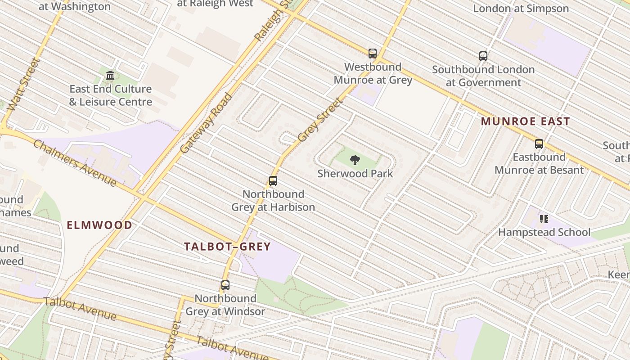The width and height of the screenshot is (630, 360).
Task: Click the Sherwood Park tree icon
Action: [355, 160]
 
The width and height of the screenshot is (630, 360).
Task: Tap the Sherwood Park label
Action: [355, 174]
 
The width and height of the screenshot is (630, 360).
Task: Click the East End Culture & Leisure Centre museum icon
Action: [110, 75]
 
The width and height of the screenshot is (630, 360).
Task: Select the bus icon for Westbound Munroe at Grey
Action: [372, 54]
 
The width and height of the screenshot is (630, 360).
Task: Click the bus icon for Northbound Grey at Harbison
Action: [273, 181]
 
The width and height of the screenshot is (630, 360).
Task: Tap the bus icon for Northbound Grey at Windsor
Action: [225, 285]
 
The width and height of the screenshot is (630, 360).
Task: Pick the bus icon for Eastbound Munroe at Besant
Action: [539, 144]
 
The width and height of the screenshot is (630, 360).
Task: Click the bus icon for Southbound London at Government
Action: [483, 56]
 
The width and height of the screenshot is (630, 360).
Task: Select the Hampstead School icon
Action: [544, 219]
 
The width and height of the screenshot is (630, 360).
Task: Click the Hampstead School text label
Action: [544, 232]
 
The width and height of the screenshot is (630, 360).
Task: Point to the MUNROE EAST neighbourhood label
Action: [525, 121]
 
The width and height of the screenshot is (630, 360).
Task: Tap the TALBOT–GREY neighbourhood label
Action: [227, 247]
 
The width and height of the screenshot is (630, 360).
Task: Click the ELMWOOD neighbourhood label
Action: [99, 225]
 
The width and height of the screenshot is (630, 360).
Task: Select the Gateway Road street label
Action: [206, 123]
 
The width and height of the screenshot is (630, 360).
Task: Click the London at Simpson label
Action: [521, 9]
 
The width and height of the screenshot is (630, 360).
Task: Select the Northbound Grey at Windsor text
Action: [225, 305]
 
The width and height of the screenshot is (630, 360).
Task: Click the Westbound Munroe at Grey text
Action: [373, 73]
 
